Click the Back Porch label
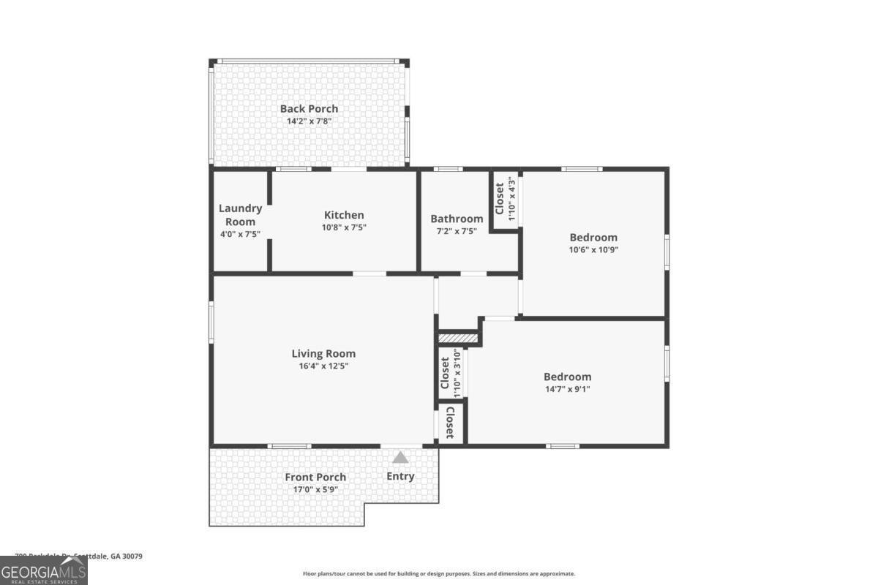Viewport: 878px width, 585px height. pos(309,109)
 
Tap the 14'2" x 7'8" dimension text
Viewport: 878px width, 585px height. pos(309,121)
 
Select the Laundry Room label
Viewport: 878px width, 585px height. pos(240,215)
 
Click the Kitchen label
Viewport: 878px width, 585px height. pos(344,215)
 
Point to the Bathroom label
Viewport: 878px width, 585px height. pos(457,219)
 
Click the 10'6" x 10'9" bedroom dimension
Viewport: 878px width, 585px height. pos(593,249)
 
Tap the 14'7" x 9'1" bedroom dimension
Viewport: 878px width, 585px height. pos(567,389)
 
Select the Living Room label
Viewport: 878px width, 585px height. pos(323,353)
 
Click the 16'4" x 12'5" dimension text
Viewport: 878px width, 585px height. pos(323,366)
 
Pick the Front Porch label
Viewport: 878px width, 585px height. pos(315,477)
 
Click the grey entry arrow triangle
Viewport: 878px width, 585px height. pos(399,458)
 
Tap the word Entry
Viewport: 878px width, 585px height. pos(400,476)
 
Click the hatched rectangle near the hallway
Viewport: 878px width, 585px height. pos(458,339)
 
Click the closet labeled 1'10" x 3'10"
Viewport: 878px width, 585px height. pos(449,373)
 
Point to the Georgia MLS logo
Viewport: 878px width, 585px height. pos(44,570)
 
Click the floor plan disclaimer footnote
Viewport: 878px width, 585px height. pos(439,574)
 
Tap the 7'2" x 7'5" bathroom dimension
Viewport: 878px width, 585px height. pos(457,231)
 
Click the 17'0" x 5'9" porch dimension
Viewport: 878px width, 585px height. pos(315,490)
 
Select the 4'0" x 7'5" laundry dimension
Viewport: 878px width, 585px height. pos(240,234)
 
